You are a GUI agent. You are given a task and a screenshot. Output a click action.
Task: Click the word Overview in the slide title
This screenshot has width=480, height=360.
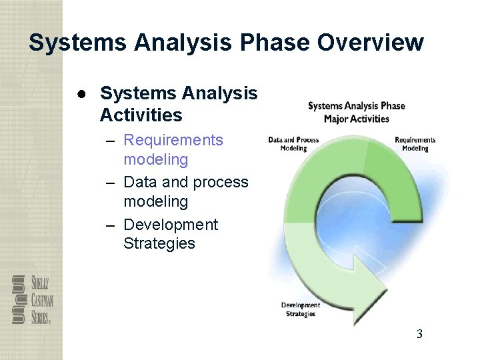[x=370, y=43]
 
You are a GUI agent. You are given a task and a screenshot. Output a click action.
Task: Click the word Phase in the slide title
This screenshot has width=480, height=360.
[x=274, y=43]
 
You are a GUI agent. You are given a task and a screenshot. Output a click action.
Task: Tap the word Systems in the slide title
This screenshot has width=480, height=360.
[x=78, y=43]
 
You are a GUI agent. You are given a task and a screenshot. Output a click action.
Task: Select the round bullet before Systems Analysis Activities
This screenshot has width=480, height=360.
[x=81, y=94]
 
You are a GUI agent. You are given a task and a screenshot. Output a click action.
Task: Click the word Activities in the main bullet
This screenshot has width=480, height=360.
[x=141, y=115]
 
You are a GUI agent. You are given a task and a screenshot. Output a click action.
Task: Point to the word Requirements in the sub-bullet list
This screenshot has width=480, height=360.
[x=173, y=140]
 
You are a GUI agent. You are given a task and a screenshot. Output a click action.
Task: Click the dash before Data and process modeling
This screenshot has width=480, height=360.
[x=111, y=183]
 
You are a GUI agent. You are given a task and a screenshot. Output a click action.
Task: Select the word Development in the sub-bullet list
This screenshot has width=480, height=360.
[x=171, y=225]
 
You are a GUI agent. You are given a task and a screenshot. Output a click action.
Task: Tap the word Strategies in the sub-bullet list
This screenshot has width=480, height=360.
[x=159, y=243]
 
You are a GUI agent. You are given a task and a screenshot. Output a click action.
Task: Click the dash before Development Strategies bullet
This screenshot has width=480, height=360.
[x=111, y=225]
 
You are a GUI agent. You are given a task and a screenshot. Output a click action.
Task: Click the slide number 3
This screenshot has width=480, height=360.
[x=419, y=334]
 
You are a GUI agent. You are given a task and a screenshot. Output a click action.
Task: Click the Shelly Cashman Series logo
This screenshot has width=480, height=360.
[x=31, y=299]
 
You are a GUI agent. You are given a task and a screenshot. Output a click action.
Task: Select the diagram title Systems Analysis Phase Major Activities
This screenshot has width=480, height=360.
[x=356, y=112]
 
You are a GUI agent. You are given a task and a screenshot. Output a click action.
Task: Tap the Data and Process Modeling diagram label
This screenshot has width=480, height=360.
[x=293, y=144]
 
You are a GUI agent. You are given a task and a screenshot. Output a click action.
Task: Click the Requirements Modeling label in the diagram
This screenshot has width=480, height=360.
[x=415, y=144]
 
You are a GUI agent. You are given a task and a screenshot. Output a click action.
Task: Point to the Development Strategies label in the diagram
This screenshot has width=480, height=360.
[x=300, y=309]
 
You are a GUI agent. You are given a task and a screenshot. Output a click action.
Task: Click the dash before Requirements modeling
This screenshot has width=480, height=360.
[x=111, y=141]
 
